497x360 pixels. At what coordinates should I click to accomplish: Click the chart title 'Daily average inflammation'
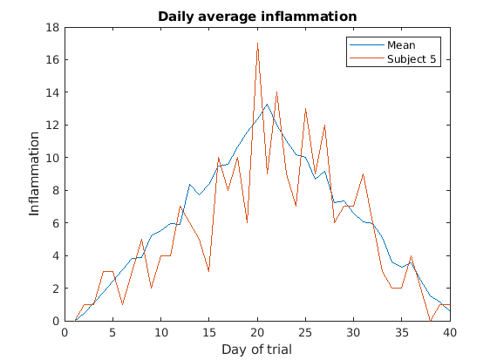256,17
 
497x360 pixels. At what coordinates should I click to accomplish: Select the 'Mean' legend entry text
402,45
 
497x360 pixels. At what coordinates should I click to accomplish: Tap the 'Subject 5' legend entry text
412,59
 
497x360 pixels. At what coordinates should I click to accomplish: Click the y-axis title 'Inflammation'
35,174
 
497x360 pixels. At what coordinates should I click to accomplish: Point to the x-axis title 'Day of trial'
256,350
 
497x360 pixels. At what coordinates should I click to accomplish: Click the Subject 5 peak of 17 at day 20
257,44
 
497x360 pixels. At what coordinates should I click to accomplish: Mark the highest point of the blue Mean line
267,105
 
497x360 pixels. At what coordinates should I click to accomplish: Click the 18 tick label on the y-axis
52,27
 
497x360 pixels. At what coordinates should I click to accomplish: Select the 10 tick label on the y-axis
52,158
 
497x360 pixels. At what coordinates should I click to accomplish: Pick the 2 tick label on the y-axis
55,289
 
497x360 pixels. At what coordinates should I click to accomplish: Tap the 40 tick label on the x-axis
450,332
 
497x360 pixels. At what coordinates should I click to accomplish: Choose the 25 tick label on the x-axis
305,332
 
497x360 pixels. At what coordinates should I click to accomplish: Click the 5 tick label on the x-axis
112,332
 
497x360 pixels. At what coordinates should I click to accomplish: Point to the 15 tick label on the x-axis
209,332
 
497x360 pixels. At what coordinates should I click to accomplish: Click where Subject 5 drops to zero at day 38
431,321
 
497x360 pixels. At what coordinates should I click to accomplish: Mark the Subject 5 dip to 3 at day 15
209,272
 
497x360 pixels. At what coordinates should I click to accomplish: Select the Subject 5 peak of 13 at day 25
305,109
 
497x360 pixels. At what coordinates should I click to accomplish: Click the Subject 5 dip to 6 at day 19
248,223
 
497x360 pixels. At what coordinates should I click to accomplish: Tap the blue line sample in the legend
365,45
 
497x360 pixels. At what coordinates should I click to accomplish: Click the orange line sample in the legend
365,59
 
